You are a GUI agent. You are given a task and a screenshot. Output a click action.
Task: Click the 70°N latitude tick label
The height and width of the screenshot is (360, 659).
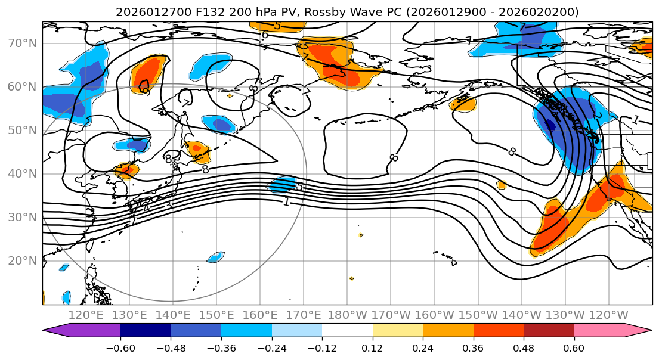coord(22,43)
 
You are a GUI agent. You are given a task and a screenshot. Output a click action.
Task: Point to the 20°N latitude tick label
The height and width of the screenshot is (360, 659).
coord(22,261)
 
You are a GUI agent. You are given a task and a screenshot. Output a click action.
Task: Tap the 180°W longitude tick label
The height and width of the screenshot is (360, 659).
coord(348,315)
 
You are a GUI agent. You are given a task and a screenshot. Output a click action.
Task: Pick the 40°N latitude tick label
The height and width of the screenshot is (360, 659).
coord(22,174)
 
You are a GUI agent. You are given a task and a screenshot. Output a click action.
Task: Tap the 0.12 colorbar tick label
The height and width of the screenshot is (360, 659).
coord(373,347)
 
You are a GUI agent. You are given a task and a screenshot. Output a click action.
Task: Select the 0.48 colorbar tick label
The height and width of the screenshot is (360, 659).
coord(524,347)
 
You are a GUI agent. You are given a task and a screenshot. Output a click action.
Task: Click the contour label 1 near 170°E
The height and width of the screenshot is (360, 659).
coord(287,201)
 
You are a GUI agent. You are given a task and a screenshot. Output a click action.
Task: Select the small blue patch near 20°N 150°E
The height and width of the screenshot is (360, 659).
coord(215,257)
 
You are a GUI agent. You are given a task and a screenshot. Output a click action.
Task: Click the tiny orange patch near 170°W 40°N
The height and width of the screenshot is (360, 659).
coord(500,185)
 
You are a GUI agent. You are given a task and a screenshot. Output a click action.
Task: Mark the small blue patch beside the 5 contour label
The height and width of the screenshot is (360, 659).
coord(281,185)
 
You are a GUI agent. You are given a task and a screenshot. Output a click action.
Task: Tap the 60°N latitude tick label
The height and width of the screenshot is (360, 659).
coord(22,87)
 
